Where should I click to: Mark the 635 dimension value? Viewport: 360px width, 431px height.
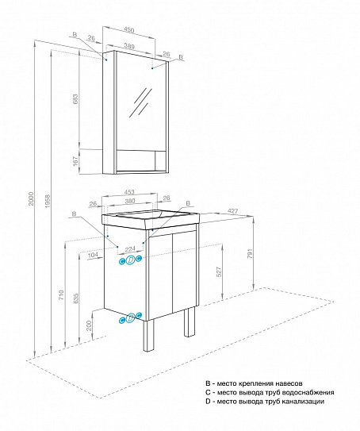(x=75, y=300)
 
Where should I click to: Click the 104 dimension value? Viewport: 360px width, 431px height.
(x=94, y=256)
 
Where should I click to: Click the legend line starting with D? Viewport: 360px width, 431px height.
(x=264, y=402)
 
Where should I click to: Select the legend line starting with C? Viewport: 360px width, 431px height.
(x=270, y=392)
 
